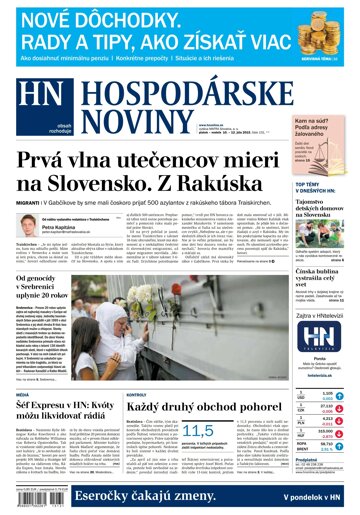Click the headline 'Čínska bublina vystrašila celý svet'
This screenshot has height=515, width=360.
[320, 280]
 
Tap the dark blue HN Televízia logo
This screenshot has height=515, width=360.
[322, 336]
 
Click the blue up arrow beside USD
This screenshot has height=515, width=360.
[342, 395]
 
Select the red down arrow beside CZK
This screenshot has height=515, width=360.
[342, 409]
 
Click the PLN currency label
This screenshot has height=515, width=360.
[300, 423]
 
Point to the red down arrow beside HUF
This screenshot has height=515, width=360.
[342, 438]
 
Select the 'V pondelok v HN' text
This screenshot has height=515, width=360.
[317, 497]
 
